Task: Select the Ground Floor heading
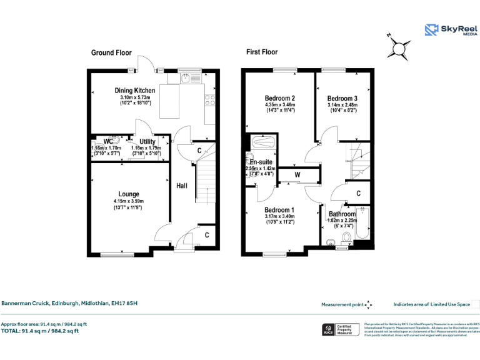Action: pyautogui.click(x=111, y=52)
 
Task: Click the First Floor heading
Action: pyautogui.click(x=262, y=52)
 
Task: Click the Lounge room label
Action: pyautogui.click(x=129, y=194)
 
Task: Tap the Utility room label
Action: pyautogui.click(x=147, y=142)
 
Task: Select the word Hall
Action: pyautogui.click(x=181, y=186)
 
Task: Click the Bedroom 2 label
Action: pyautogui.click(x=279, y=99)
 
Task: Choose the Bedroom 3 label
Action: pyautogui.click(x=342, y=99)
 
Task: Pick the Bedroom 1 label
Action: pyautogui.click(x=279, y=209)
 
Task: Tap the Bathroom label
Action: pyautogui.click(x=342, y=214)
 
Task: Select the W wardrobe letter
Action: pyautogui.click(x=297, y=174)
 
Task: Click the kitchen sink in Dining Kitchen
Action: pyautogui.click(x=185, y=79)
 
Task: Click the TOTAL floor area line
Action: pyautogui.click(x=44, y=331)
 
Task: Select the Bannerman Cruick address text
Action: pyautogui.click(x=69, y=304)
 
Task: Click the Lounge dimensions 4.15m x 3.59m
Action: pyautogui.click(x=129, y=201)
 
